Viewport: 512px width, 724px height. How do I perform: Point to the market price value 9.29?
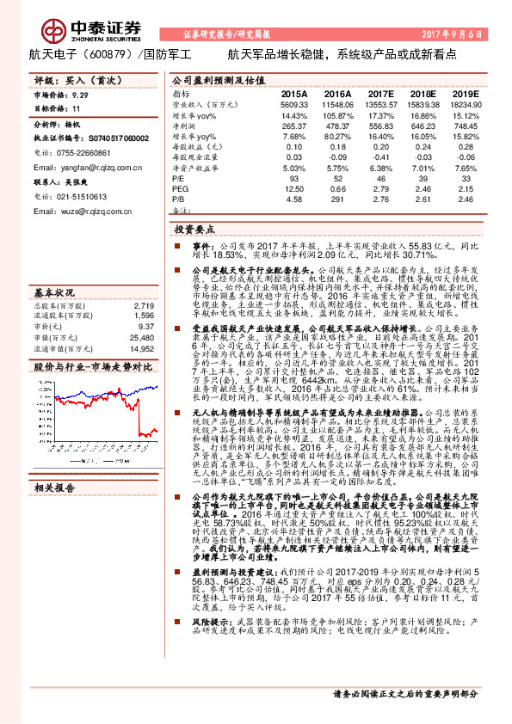tap(80, 98)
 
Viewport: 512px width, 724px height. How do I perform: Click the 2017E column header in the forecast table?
tap(379, 93)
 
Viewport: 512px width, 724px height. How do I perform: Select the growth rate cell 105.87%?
tap(336, 115)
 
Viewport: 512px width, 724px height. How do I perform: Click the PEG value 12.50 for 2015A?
tap(293, 188)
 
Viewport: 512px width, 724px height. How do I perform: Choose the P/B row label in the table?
tap(179, 199)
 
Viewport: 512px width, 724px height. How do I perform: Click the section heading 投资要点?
tap(194, 230)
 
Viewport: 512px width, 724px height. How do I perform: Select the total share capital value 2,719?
tap(143, 305)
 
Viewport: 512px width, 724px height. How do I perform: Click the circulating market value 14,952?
tap(141, 348)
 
